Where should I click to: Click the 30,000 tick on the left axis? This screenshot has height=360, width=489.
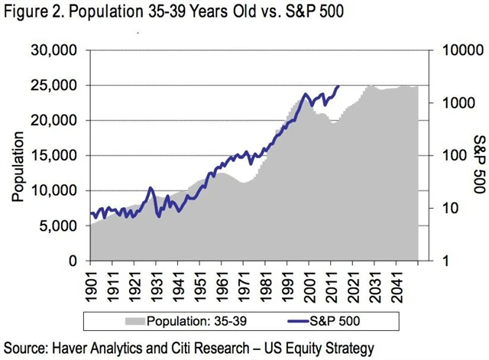click(x=59, y=50)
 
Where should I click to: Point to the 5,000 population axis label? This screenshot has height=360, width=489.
click(x=63, y=226)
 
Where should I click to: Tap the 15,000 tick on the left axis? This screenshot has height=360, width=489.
click(x=59, y=156)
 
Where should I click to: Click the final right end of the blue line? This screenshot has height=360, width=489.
click(x=338, y=86)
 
